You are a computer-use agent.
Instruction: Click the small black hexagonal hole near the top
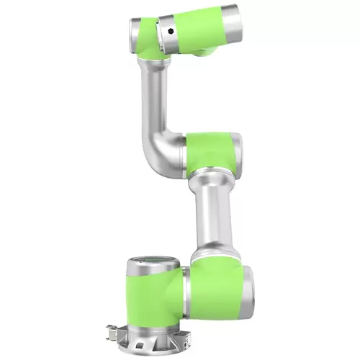169,31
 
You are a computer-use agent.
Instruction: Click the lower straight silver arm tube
214,216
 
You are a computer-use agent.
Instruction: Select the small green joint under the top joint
202,50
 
